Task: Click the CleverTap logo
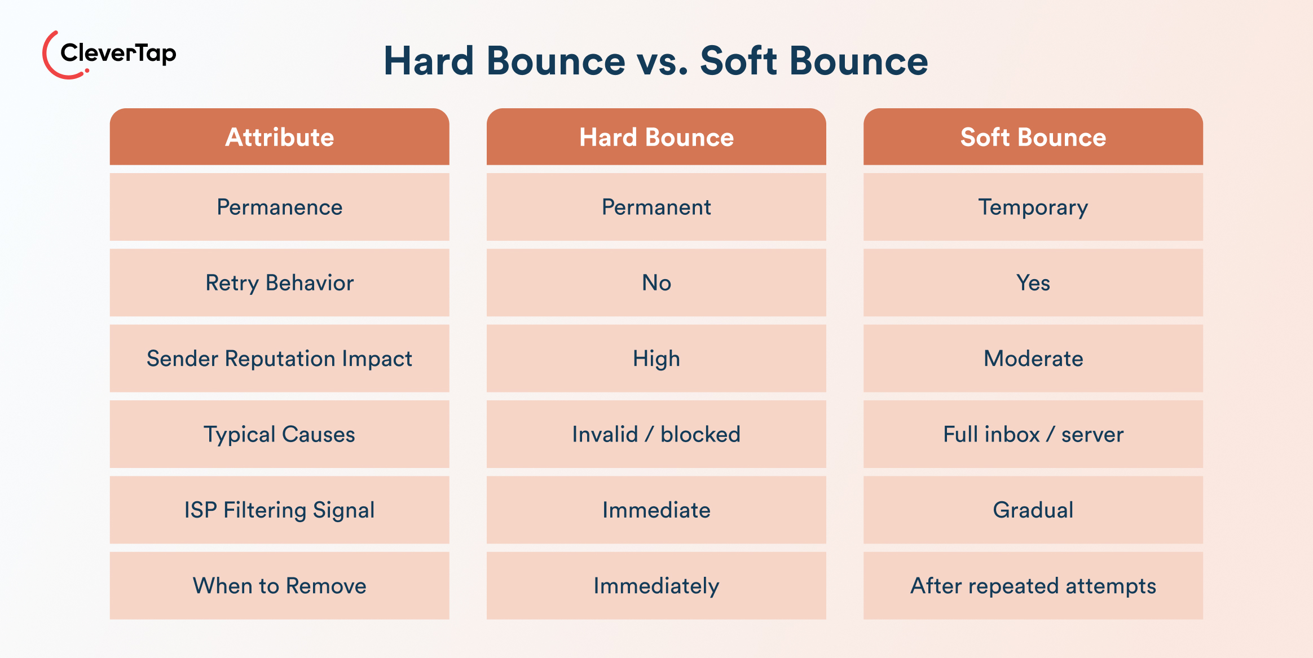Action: coord(109,55)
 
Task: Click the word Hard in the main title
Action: coord(429,61)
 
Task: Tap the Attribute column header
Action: coord(279,137)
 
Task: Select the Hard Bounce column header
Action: coord(656,137)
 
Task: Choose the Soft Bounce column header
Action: coord(1033,137)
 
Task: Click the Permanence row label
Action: coord(279,207)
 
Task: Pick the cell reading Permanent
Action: coord(656,207)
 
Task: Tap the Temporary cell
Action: coord(1033,207)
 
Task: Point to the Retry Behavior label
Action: coord(279,282)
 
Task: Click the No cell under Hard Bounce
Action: coord(656,282)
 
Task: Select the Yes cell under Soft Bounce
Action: coord(1033,282)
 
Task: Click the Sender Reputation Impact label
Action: coord(279,359)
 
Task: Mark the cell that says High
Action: coord(656,359)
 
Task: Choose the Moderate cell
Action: coord(1033,359)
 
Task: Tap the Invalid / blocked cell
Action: coord(656,434)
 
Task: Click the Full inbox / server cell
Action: coord(1033,434)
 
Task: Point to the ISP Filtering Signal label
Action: coord(279,510)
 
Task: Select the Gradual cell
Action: coord(1033,510)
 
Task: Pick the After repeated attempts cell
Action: coord(1033,586)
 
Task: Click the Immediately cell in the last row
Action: coord(656,586)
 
